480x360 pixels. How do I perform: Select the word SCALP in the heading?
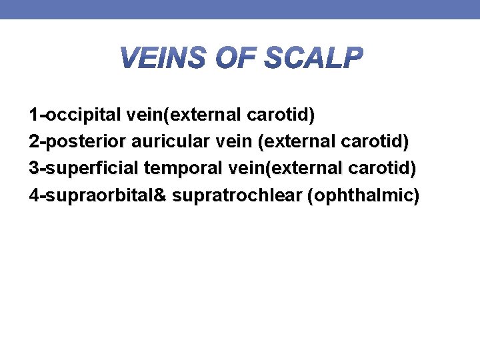tap(313, 59)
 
